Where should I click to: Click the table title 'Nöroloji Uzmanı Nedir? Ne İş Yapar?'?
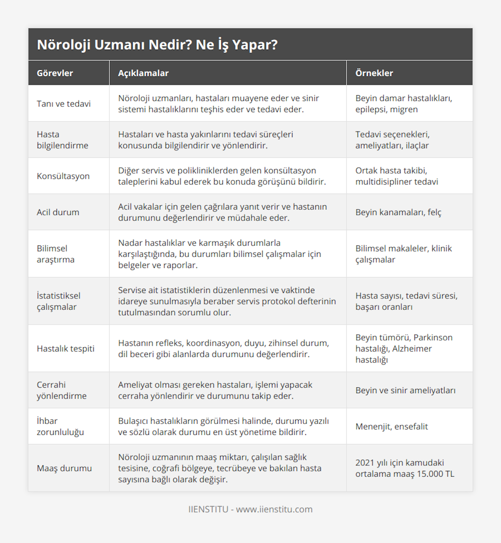(157, 45)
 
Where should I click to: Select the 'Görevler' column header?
(55, 73)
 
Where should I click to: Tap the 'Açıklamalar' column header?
(143, 73)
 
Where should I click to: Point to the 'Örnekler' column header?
(374, 73)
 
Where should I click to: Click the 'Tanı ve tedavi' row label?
(63, 104)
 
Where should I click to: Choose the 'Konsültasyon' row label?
(63, 176)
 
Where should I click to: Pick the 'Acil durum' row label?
(58, 212)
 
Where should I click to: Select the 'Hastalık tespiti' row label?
(66, 349)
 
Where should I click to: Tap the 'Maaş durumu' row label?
(64, 468)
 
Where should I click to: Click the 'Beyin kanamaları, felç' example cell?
(398, 212)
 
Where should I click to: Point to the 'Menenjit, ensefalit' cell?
(392, 427)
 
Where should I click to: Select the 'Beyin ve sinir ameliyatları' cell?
(405, 390)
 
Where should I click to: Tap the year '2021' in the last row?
(364, 462)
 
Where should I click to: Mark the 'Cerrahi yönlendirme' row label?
(61, 390)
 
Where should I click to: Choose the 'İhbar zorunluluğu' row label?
(60, 427)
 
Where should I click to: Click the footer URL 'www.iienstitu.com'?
(274, 509)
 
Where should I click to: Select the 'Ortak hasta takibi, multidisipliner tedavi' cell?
(397, 176)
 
